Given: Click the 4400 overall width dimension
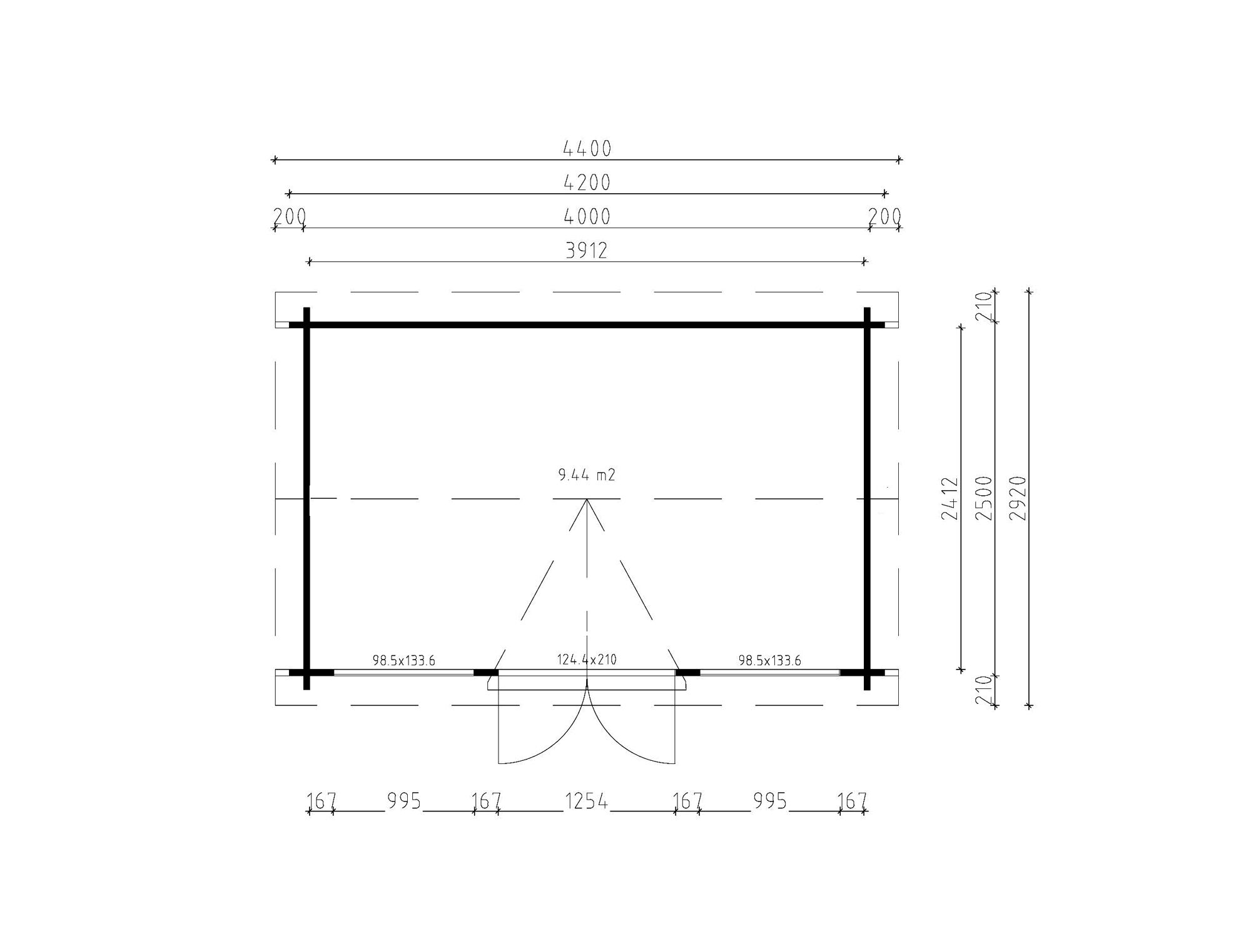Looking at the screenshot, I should pos(587,149).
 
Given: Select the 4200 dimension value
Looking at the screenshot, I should pos(587,183).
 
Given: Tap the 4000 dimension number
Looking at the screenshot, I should pos(587,216).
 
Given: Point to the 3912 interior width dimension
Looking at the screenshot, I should pos(587,251).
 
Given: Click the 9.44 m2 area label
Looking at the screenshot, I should pos(587,475).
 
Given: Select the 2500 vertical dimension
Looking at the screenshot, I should pos(985,498).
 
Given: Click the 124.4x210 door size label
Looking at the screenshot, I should pos(587,660).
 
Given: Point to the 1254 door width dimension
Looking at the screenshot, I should pos(587,801).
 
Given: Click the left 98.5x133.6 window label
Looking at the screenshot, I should pos(403,661).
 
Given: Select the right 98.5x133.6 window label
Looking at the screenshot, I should pos(769,661).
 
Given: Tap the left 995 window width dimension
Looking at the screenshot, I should pos(404,801).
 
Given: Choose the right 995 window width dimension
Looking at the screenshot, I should pos(769,801).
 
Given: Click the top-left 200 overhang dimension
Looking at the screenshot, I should pos(290,216).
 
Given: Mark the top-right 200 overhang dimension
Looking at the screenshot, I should pos(884,216).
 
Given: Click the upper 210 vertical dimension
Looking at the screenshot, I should pos(985,306).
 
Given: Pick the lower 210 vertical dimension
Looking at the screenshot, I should pos(985,690).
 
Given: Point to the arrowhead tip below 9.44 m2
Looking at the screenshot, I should pos(587,500).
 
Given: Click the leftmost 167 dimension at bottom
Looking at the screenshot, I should pos(322,801).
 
